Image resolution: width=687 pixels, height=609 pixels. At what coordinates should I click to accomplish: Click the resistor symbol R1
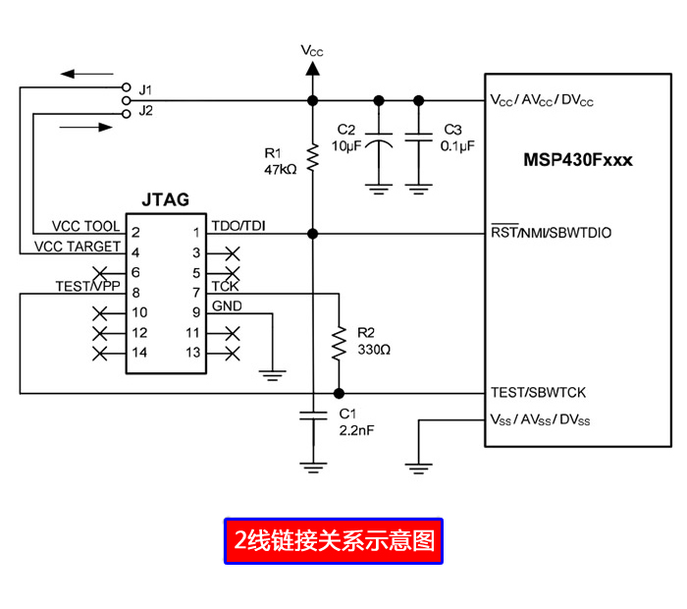tap(312, 158)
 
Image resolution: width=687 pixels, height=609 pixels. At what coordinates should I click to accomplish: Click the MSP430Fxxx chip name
tap(577, 160)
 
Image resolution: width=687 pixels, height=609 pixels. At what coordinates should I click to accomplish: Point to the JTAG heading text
tap(165, 200)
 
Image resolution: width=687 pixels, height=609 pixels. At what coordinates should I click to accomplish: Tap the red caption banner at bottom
tap(334, 540)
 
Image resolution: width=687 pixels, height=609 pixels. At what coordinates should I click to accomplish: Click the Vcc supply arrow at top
tap(312, 67)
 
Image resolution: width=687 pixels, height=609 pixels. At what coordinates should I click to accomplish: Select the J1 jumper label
tap(146, 89)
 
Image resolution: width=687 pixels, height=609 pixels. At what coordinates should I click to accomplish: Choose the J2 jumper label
tap(146, 110)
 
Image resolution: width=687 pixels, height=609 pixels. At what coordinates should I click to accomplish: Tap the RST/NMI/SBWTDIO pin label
tap(551, 233)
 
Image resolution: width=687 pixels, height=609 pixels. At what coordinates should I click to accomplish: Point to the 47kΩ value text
tap(280, 169)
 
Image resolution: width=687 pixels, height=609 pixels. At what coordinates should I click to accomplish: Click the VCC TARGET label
tap(78, 247)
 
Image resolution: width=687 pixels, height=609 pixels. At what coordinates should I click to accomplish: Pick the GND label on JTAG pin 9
tap(227, 305)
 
